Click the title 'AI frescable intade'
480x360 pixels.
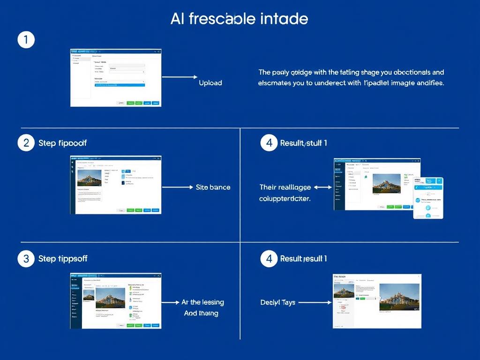click(240, 19)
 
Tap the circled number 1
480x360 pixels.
click(26, 40)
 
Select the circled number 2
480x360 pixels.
click(26, 143)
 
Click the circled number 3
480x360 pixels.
click(26, 258)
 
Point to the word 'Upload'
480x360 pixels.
click(210, 82)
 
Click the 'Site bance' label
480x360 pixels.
click(213, 187)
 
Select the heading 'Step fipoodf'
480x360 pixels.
click(62, 143)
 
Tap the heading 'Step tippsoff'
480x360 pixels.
click(63, 259)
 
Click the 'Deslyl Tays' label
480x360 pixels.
click(277, 302)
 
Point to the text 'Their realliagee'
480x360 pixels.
click(285, 187)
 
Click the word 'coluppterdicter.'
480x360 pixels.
click(285, 199)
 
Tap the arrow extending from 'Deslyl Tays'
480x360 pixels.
click(315, 302)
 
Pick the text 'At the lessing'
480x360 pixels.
click(202, 302)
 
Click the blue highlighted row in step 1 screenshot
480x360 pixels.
click(120, 85)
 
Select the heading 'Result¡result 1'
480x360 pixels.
click(303, 259)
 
